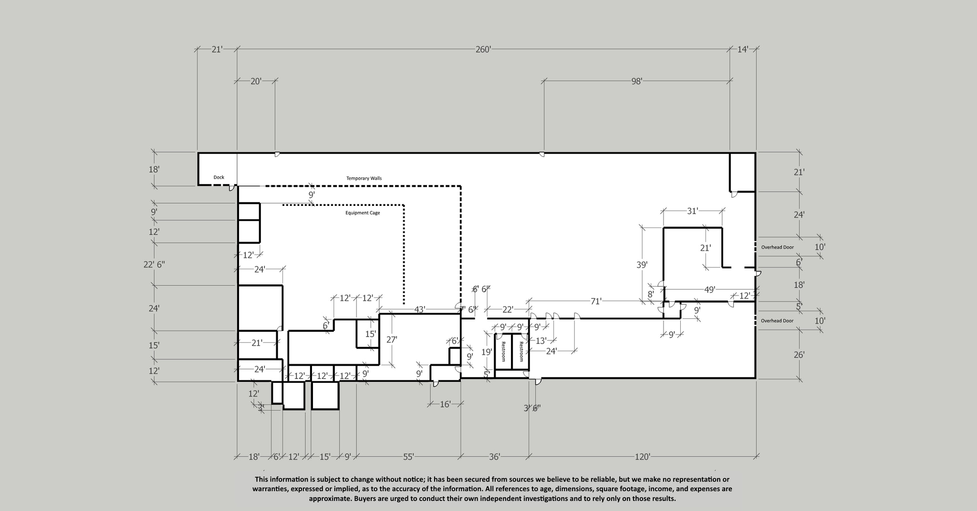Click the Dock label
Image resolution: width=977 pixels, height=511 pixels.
pos(218,177)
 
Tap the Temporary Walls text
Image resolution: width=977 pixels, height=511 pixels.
pos(364,178)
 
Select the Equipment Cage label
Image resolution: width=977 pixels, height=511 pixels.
pos(363,213)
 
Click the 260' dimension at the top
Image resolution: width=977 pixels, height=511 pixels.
pos(483,50)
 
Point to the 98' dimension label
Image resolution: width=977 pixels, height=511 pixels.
pos(637,82)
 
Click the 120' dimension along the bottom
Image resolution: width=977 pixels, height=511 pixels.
pos(642,457)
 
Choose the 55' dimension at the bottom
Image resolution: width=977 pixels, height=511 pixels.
pos(408,457)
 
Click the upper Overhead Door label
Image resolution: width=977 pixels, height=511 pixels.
pos(777,247)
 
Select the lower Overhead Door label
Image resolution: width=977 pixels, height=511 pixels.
pos(777,321)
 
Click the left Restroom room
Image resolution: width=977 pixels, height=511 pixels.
pos(503,352)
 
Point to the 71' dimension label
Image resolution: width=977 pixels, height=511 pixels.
pos(596,301)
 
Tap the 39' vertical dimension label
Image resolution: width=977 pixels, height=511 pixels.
pos(642,265)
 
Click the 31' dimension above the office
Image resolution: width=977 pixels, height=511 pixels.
pos(692,211)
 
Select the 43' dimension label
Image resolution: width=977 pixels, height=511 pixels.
pos(419,310)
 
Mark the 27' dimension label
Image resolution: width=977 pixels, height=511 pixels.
pos(392,340)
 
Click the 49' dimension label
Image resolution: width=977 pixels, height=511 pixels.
pos(710,290)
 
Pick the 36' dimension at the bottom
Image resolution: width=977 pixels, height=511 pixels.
pos(494,457)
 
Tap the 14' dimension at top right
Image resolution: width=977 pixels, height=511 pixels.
pos(743,50)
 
